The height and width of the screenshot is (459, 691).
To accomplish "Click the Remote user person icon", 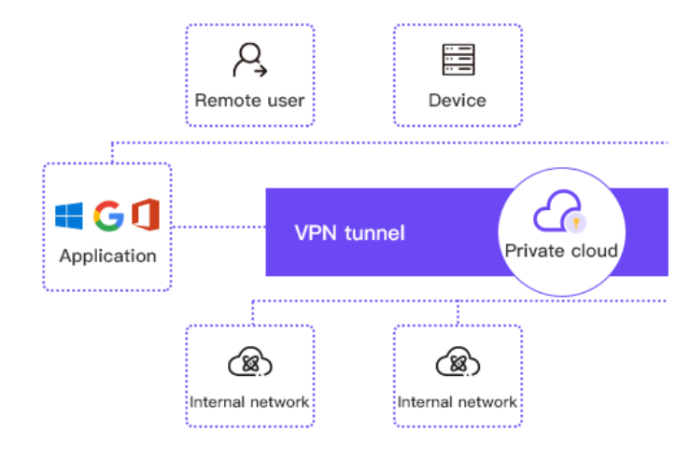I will (x=249, y=59).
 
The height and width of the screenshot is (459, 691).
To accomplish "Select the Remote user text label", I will (x=249, y=100).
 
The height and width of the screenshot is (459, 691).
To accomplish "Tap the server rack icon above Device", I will (x=458, y=59).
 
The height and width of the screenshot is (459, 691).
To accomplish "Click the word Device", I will (x=458, y=100).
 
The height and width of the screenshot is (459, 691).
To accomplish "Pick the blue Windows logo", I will (x=68, y=216).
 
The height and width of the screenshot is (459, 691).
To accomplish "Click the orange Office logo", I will (x=146, y=215).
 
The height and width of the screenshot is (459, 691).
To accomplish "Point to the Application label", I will (x=107, y=256).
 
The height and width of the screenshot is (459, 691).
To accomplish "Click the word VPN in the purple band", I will (x=314, y=232).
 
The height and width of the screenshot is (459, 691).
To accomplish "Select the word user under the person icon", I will (x=286, y=100).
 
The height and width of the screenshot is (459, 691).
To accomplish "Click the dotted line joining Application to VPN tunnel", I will (x=219, y=227).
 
